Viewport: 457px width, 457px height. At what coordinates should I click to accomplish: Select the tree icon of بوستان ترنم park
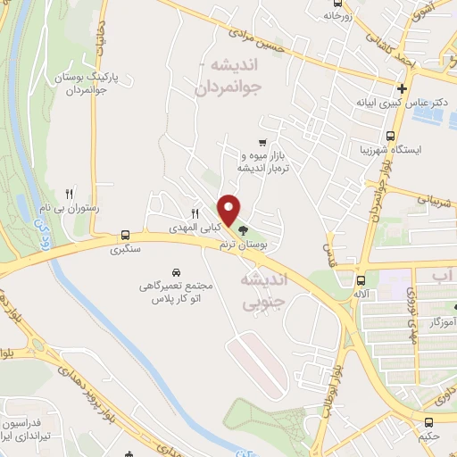coord(245,230)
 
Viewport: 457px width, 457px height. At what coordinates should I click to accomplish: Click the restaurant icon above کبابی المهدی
coord(195,212)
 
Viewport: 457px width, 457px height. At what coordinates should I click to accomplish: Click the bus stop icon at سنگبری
coord(125,237)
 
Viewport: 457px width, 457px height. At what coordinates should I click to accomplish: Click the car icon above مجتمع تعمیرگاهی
coord(176,270)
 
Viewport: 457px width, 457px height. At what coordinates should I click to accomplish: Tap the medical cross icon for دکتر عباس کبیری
coord(403,89)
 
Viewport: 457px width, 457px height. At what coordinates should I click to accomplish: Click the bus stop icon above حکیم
coord(429,422)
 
